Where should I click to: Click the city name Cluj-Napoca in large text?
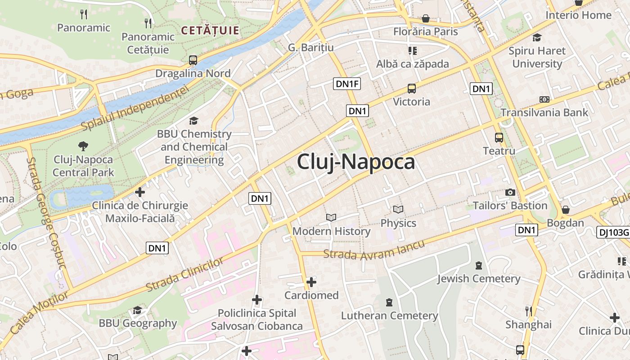point(355,162)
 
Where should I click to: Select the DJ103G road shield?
point(613,232)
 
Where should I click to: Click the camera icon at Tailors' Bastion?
point(510,192)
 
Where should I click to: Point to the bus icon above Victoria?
point(411,89)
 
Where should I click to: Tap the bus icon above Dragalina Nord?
point(193,60)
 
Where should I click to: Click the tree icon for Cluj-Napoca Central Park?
point(83,146)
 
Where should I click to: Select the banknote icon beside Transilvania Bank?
point(544,99)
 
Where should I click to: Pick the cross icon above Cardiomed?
point(311,282)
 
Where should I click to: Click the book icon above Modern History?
point(331,218)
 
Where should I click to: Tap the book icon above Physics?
point(398,209)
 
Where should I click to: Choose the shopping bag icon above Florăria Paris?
point(425,19)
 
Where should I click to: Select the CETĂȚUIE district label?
point(210,31)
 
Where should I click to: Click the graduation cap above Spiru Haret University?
point(537,37)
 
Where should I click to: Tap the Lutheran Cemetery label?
point(389,315)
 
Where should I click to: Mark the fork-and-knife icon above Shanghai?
point(529,311)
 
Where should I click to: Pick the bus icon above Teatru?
point(499,138)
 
